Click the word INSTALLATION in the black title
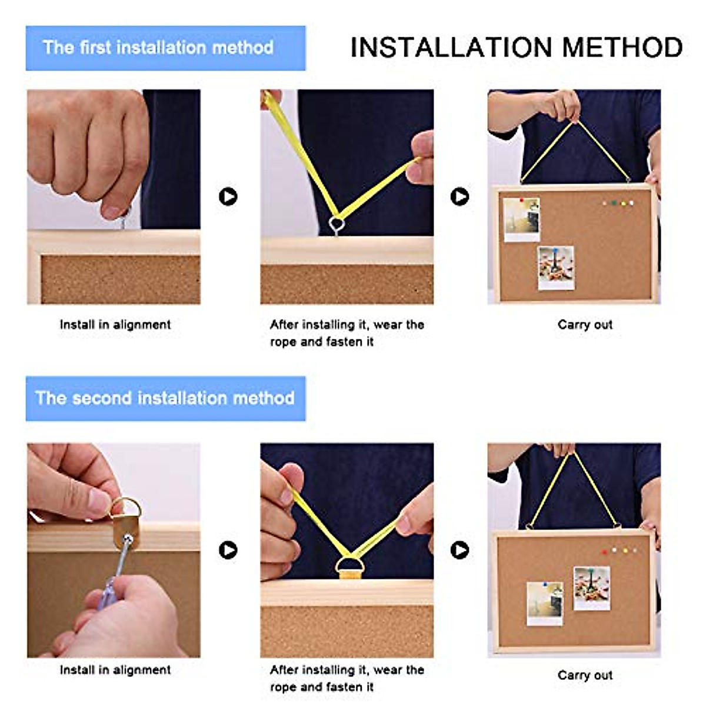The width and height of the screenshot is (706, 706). pyautogui.click(x=451, y=47)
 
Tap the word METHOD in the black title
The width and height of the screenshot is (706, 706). pyautogui.click(x=622, y=47)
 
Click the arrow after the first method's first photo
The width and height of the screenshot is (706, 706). pyautogui.click(x=228, y=197)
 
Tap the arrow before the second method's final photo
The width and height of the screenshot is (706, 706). pyautogui.click(x=460, y=550)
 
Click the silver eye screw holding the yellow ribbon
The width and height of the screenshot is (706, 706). pyautogui.click(x=337, y=224)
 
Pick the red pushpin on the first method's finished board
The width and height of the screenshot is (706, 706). pyautogui.click(x=522, y=200)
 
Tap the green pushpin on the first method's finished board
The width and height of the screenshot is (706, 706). pyautogui.click(x=614, y=202)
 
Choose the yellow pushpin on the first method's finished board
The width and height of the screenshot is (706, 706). pyautogui.click(x=623, y=202)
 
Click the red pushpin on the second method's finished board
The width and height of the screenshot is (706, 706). pyautogui.click(x=605, y=551)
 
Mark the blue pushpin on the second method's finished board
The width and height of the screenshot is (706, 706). pyautogui.click(x=545, y=584)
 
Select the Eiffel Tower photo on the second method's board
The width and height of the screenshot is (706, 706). pyautogui.click(x=592, y=588)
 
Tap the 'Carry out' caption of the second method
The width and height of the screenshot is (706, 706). pyautogui.click(x=585, y=675)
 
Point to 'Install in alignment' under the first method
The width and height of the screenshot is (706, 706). pyautogui.click(x=115, y=325)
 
